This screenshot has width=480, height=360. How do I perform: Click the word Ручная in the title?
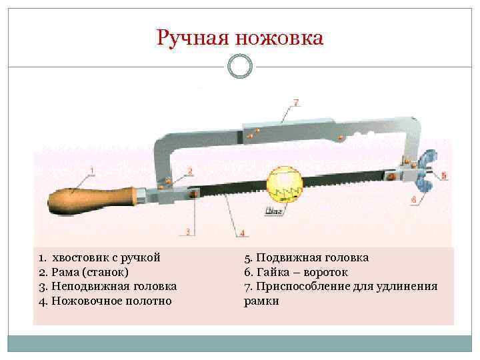[x=193, y=38]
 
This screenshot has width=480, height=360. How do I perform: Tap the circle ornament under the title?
[x=240, y=66]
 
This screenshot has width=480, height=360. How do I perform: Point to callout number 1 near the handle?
[x=92, y=171]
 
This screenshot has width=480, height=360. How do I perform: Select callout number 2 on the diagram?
[x=190, y=171]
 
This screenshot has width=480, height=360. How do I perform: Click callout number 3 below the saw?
[x=188, y=231]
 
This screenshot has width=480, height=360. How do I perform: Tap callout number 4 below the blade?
[x=242, y=233]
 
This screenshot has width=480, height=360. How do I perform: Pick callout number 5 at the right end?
[x=445, y=176]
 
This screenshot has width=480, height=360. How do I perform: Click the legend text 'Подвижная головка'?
[x=313, y=257]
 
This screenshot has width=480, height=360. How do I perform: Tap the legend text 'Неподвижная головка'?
[x=114, y=286]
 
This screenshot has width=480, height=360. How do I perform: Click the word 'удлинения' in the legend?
[x=407, y=287]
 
